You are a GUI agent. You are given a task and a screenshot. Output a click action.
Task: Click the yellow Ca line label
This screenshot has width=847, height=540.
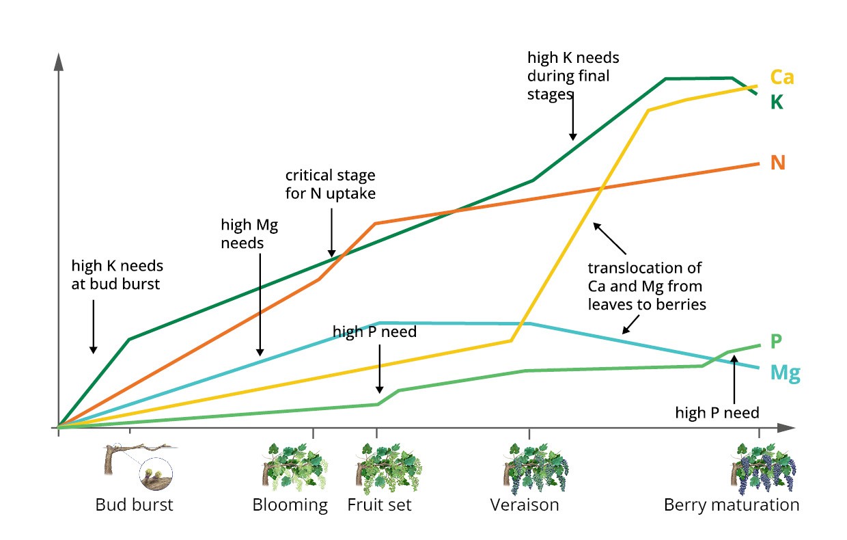[x=781, y=77]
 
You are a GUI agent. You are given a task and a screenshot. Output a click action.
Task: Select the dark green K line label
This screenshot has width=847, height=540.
[x=776, y=103]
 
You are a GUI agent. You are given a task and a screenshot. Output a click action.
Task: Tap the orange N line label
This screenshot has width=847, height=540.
[x=777, y=163]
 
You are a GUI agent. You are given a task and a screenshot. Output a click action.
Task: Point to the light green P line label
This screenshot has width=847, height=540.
[x=776, y=341]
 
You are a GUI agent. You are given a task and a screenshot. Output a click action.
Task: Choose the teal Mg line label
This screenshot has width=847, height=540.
[x=785, y=373]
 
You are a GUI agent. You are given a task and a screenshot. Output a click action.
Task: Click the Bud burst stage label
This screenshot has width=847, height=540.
[x=134, y=505]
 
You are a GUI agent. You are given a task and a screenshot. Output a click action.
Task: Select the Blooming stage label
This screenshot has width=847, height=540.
[x=290, y=505]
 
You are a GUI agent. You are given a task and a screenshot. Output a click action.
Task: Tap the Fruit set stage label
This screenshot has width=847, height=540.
[x=379, y=505]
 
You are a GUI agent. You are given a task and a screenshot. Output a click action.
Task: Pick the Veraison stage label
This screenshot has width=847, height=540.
[x=525, y=505]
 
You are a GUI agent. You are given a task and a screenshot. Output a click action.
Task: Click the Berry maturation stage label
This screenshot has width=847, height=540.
[x=732, y=505]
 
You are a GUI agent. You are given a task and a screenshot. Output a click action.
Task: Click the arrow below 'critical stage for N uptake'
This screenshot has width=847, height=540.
[x=331, y=232]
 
